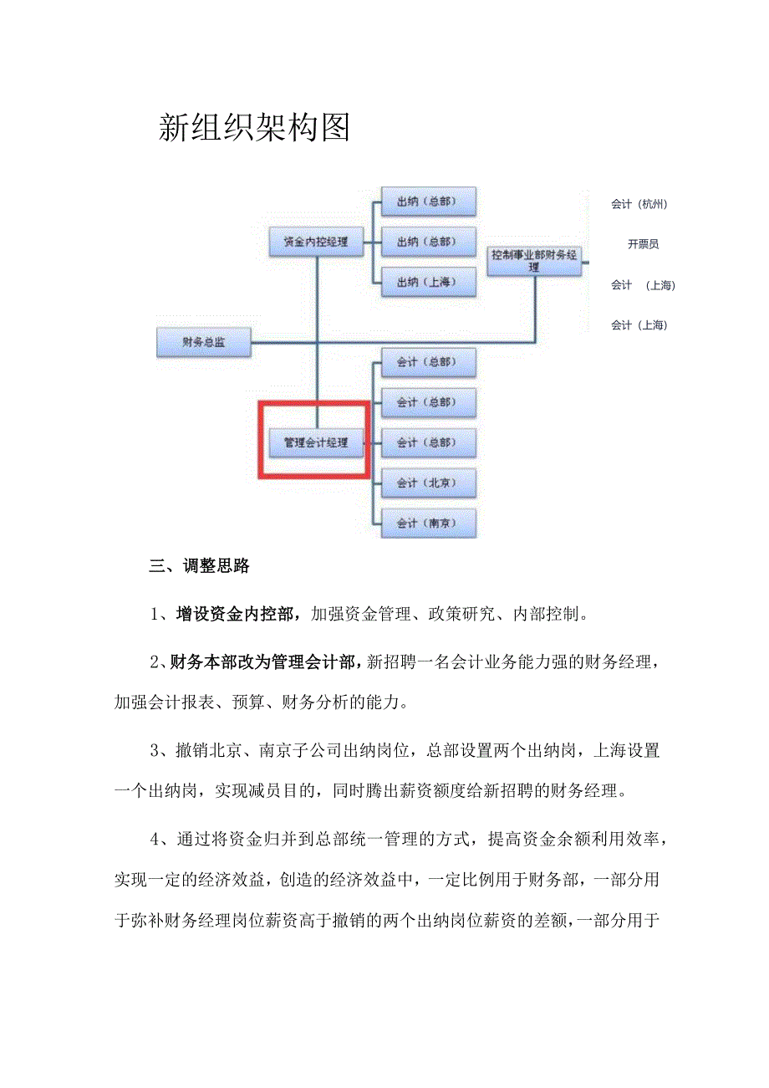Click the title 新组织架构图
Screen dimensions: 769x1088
point(254,128)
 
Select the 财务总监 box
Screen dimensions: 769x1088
point(204,342)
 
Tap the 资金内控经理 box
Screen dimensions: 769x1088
point(315,243)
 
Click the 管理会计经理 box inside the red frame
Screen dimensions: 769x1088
point(315,442)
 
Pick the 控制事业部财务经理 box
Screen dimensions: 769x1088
point(534,261)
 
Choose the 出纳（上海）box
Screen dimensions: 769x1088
point(428,282)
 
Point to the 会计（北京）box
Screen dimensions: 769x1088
point(428,483)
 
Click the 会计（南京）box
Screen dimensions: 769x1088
point(428,523)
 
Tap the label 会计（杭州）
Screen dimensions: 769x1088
point(639,203)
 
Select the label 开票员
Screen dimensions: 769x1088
point(643,244)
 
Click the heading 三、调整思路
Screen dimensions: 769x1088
point(199,566)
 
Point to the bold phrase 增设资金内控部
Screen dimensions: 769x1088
point(234,615)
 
